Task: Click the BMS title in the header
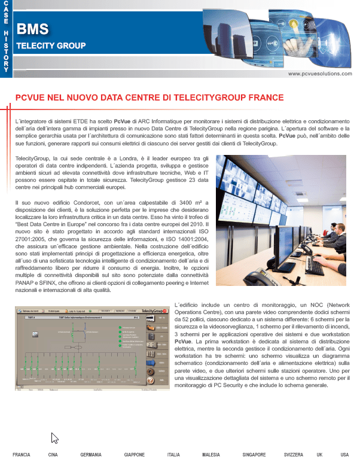point(33,29)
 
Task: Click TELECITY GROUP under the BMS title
point(51,45)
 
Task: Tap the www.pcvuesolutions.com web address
point(321,73)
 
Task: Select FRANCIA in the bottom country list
point(22,455)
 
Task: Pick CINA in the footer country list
point(53,455)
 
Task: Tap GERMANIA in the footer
point(91,455)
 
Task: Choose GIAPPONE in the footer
point(135,455)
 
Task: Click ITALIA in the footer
point(174,455)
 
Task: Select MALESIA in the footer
point(211,455)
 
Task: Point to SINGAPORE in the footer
point(254,455)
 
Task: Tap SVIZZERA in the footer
point(293,455)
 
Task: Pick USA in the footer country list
point(344,455)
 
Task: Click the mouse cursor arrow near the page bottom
point(54,438)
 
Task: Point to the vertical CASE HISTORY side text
point(6,36)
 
